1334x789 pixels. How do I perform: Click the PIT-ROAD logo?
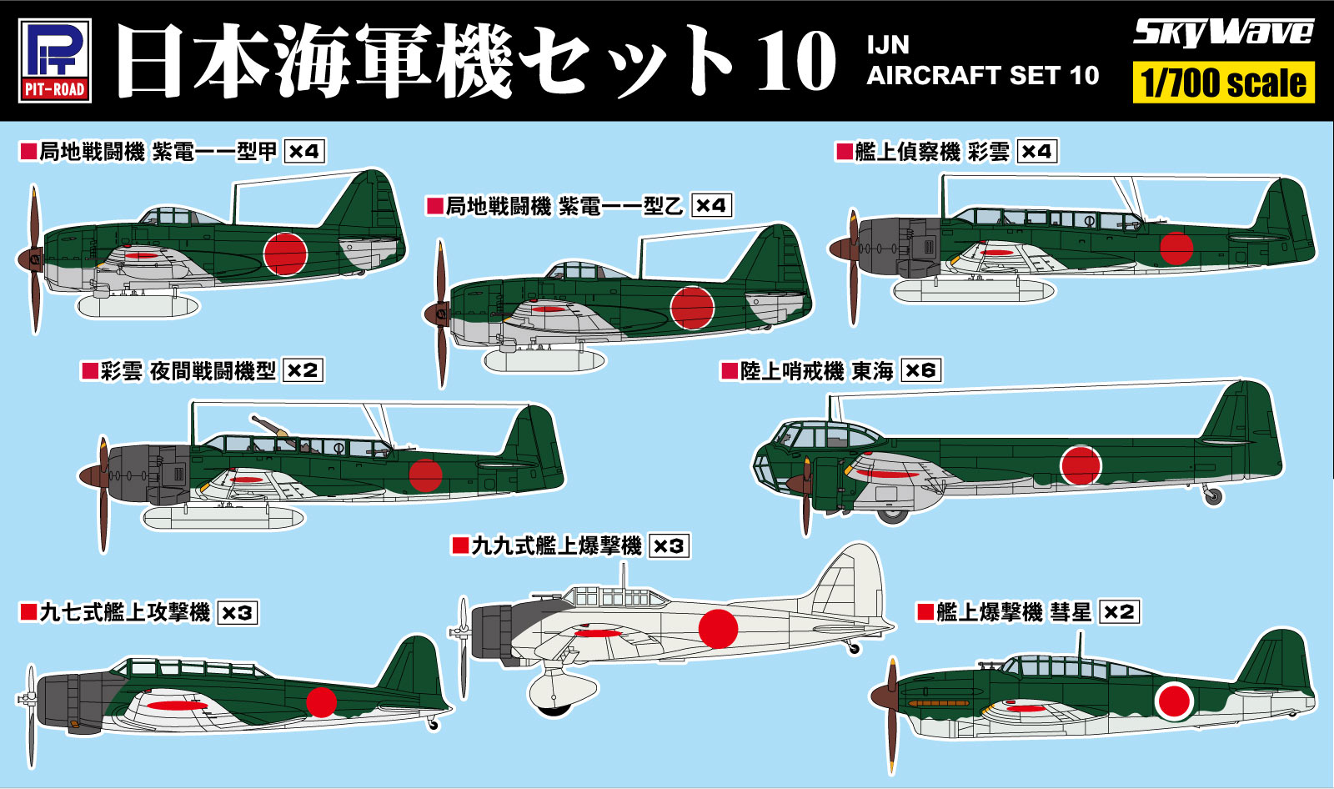pyautogui.click(x=54, y=60)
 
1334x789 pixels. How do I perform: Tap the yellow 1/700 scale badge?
pyautogui.click(x=1223, y=83)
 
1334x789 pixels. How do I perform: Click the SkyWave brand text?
pyautogui.click(x=1222, y=33)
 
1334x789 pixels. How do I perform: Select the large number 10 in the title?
pyautogui.click(x=795, y=61)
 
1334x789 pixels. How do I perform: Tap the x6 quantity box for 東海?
pyautogui.click(x=920, y=370)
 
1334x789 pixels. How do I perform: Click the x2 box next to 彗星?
pyautogui.click(x=1119, y=611)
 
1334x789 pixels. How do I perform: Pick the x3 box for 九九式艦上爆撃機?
pyautogui.click(x=669, y=546)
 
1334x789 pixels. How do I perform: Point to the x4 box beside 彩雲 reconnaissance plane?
pyautogui.click(x=1037, y=152)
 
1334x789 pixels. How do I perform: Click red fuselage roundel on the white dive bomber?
pyautogui.click(x=718, y=628)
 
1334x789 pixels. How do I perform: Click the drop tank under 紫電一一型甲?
pyautogui.click(x=138, y=306)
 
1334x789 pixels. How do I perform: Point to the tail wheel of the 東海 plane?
pyautogui.click(x=1213, y=497)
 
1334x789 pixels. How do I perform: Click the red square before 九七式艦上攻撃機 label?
pyautogui.click(x=28, y=613)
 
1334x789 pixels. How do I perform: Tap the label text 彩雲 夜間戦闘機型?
pyautogui.click(x=188, y=371)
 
